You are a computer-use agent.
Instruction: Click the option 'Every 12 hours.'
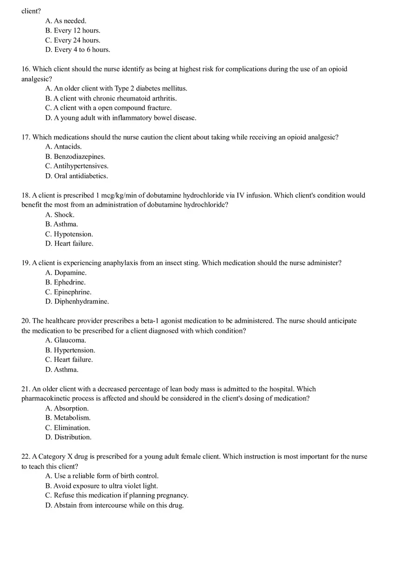tap(73, 31)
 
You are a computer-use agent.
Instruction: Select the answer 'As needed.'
tap(66, 21)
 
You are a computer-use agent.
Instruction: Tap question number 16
tap(26, 69)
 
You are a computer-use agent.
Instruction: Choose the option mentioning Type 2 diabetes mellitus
tap(116, 88)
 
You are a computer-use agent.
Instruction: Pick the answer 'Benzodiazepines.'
tap(75, 156)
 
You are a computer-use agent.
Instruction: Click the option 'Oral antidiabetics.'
tap(76, 176)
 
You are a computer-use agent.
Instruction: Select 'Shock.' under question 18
tap(60, 215)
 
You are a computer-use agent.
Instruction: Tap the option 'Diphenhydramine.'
tap(77, 302)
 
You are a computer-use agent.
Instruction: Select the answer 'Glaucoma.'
tap(66, 340)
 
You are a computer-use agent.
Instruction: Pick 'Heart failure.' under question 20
tap(69, 360)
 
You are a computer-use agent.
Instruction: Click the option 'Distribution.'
tap(69, 437)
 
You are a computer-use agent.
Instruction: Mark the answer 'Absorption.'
tap(67, 409)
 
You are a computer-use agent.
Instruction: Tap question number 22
tap(26, 456)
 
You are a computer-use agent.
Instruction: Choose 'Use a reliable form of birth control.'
tap(102, 476)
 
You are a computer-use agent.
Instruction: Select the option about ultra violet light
tap(102, 486)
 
